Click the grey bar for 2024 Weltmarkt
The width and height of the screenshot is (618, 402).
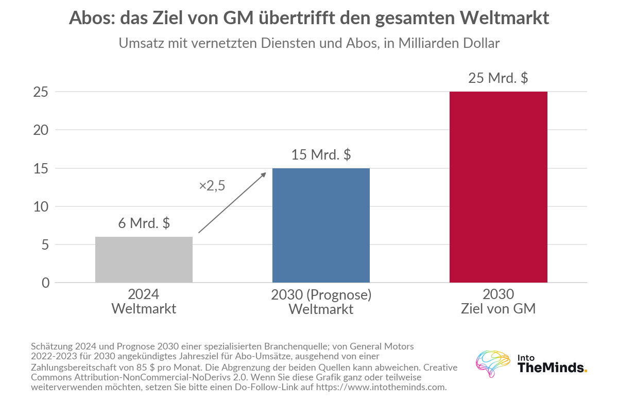coord(144,259)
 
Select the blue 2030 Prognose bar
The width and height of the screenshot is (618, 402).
coord(321,225)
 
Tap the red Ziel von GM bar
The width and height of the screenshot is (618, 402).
coord(499,187)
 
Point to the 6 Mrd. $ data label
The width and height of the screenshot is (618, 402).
coord(144,223)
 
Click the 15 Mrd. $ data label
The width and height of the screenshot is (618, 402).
coord(321,154)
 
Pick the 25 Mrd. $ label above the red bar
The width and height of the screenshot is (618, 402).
coord(498,78)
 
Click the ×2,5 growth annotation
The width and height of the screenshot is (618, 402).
coord(212,186)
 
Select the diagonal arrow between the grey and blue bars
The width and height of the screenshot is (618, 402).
coord(232,203)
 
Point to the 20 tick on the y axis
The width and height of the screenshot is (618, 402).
coord(41,130)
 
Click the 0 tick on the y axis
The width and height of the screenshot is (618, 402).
coord(45,283)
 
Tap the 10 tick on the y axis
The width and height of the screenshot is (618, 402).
coord(41,207)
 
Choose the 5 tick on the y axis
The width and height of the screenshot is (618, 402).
coord(45,245)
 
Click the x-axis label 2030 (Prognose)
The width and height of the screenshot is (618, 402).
coord(321,295)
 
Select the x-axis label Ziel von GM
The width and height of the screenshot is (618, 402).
coord(499,308)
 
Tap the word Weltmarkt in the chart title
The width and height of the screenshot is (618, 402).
coord(504,18)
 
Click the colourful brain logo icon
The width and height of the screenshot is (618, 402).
coord(493,364)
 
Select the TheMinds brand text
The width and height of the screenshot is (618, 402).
coord(552,368)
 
